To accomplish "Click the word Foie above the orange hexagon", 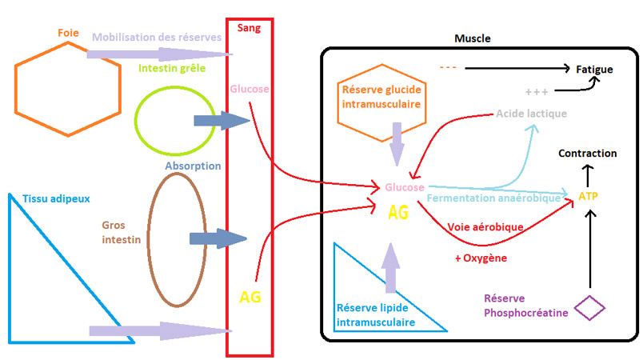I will click(68, 34).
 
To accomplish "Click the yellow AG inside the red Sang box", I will click(250, 297).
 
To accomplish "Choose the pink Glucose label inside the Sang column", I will click(250, 90).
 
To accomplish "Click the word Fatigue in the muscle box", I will click(594, 70).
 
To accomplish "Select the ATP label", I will click(588, 196).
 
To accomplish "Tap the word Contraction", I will click(588, 153).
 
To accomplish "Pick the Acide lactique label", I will click(531, 114).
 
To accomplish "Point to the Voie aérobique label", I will click(485, 227).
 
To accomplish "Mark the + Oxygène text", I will click(480, 258).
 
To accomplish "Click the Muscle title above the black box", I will click(472, 38).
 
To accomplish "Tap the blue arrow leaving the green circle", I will click(222, 121).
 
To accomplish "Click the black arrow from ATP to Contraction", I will click(589, 174).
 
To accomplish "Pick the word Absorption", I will click(193, 166).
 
